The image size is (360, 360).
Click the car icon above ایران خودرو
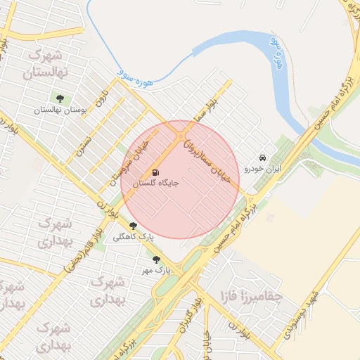point(262,157)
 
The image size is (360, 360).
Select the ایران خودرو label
point(262,169)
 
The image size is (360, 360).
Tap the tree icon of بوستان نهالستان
point(59,98)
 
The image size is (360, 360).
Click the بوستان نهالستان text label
point(59,110)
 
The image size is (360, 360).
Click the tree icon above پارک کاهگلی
point(133,226)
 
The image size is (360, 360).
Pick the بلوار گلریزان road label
point(188,317)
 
